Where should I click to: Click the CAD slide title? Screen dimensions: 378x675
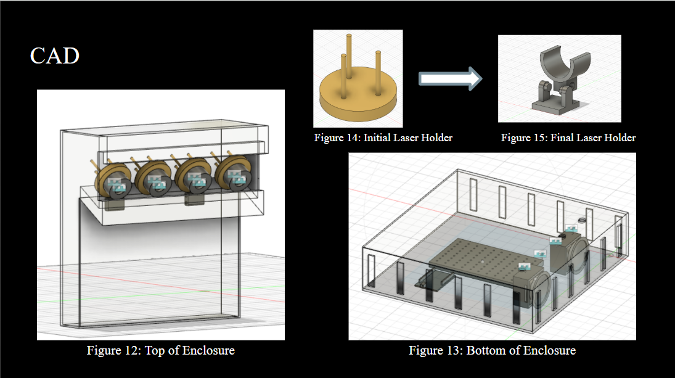55,56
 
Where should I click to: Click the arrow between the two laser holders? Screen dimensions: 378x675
449,78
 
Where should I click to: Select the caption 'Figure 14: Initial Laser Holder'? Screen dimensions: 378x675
383,138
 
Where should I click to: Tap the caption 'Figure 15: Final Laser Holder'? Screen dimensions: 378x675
568,138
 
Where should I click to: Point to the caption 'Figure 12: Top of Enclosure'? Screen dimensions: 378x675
160,350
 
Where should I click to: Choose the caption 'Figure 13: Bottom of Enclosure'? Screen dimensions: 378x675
492,350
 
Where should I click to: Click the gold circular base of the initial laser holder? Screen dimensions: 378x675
357,101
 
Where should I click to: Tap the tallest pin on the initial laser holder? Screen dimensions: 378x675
349,59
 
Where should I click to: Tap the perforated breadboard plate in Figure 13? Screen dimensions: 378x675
475,255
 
